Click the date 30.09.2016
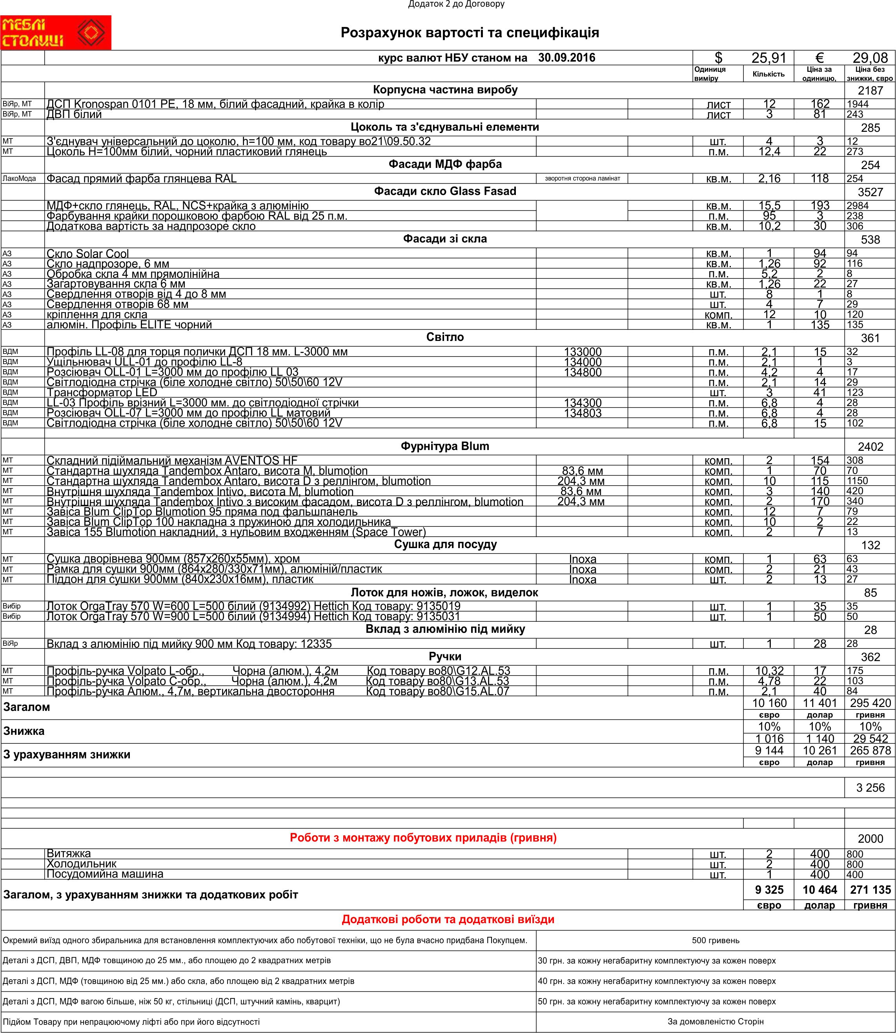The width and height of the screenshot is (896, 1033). pos(566,58)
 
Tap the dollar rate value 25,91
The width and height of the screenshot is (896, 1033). pos(769,58)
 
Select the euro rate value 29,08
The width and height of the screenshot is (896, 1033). pos(870,58)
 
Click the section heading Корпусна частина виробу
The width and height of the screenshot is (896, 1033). pos(445,90)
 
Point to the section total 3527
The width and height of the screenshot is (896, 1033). pos(870,192)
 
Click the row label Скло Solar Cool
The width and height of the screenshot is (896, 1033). pos(88,253)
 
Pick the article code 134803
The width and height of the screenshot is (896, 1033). pos(583,413)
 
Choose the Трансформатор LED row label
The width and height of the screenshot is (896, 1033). pos(102,392)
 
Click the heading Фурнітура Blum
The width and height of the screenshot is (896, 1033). pos(445,446)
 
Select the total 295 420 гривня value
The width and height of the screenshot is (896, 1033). pos(870,703)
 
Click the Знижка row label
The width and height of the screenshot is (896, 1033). pos(24,731)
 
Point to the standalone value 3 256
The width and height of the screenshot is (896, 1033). pos(870,788)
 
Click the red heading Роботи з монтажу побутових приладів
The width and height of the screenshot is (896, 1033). pos(423,838)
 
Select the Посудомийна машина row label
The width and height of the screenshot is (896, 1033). pos(105,874)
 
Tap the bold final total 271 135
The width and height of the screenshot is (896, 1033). pos(870,889)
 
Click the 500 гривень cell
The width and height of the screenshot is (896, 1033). pos(716,940)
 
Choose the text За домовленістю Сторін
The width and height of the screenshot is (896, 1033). pos(716,1022)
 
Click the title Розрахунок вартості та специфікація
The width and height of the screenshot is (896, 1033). pos(470,33)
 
